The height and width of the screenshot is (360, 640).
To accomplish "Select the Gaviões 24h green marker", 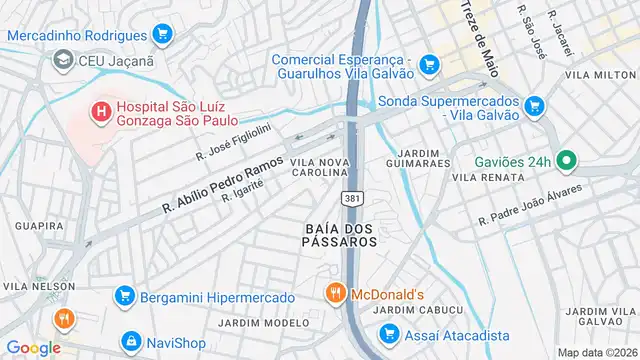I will [565, 160].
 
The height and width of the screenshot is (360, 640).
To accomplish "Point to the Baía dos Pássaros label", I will [341, 234].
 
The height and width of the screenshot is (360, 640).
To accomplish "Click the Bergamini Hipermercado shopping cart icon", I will [124, 297].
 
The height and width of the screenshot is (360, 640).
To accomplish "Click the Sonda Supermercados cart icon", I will [533, 104].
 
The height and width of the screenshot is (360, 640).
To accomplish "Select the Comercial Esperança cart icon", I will [429, 64].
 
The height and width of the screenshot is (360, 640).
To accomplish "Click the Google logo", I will [33, 347].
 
